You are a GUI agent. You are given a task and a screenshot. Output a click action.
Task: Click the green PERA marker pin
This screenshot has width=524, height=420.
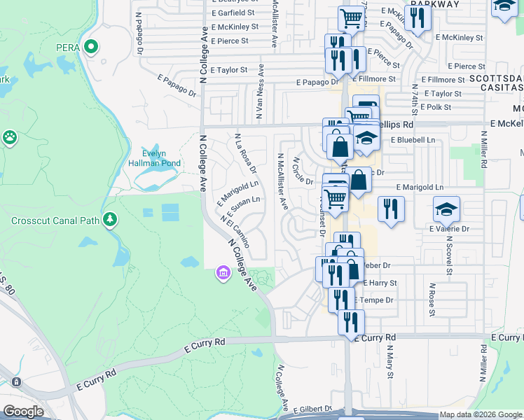(90, 48)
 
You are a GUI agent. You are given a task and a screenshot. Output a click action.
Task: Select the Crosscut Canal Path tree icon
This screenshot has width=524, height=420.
(109, 220)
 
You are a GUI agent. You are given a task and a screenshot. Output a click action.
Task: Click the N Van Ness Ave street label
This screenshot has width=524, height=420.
(261, 92)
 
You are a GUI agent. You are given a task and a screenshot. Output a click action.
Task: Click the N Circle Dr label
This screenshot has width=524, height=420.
(302, 171)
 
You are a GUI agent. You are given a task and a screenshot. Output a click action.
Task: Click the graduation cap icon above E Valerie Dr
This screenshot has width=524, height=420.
(446, 208)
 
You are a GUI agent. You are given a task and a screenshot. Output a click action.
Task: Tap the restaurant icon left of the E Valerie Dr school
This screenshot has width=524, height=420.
(391, 209)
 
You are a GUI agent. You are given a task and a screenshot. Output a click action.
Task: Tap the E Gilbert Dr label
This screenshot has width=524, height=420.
(312, 409)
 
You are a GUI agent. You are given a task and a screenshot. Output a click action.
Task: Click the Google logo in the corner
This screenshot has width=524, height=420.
(24, 411)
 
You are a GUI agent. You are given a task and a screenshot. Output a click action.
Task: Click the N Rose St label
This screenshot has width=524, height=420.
(433, 300)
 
